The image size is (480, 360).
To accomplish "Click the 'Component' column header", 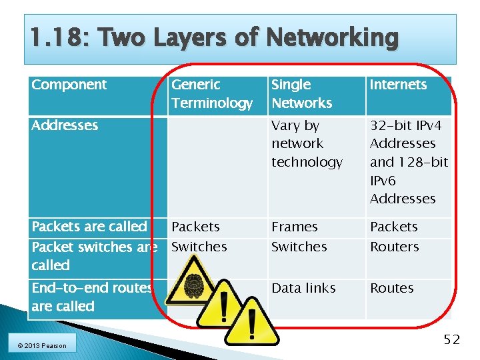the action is [x=69, y=85].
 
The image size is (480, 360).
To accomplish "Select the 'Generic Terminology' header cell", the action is [x=212, y=94].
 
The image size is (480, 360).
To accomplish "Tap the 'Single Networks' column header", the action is [x=301, y=94].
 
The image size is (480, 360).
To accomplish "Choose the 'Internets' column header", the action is [x=398, y=85].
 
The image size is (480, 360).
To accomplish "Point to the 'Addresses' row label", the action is [x=65, y=125].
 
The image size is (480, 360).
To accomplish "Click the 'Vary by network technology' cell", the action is [x=307, y=143].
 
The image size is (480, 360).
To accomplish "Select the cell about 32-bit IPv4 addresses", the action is [x=409, y=162].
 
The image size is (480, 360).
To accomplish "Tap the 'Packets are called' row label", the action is [x=89, y=227].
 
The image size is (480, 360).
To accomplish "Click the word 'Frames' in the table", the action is [x=295, y=227].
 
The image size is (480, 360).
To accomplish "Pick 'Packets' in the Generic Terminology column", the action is [x=195, y=227].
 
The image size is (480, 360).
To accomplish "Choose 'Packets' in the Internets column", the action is [x=393, y=227].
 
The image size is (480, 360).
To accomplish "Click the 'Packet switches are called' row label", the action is [x=93, y=256].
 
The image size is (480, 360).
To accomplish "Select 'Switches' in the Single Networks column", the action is [x=299, y=247].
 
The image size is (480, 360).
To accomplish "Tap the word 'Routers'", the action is [x=395, y=247].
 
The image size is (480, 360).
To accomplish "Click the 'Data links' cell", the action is [x=303, y=288].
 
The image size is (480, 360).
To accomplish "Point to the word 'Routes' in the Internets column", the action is [x=392, y=288].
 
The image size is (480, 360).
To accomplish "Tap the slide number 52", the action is [x=452, y=340].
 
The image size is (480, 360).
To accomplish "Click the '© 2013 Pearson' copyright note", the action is [x=41, y=345].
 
